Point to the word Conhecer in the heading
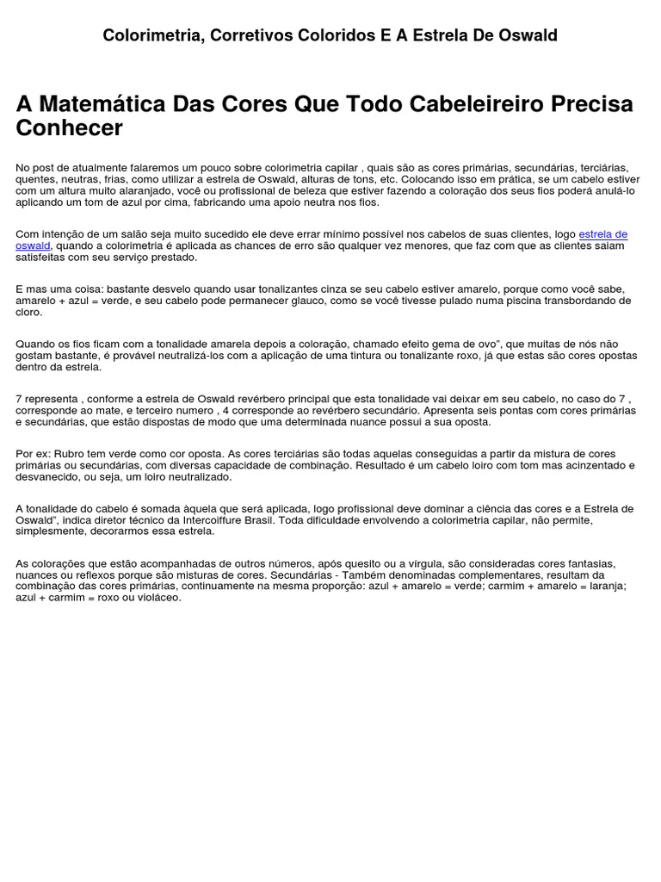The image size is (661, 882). tap(70, 128)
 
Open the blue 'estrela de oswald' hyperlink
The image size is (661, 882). tap(602, 234)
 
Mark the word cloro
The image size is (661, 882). tap(29, 312)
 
